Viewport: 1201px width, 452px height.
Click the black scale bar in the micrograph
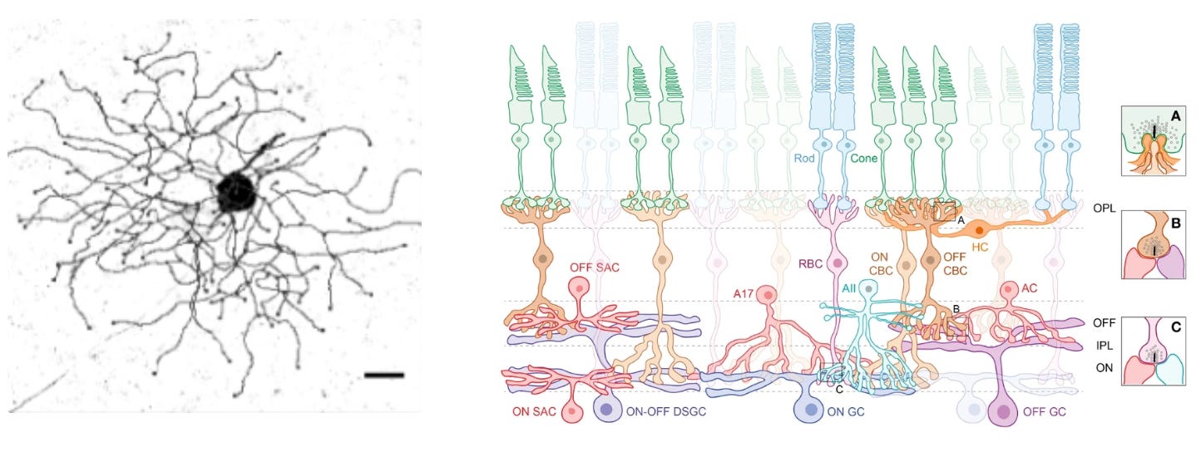point(383,376)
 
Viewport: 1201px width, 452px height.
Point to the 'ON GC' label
point(845,410)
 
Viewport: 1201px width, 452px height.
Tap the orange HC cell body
point(982,229)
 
